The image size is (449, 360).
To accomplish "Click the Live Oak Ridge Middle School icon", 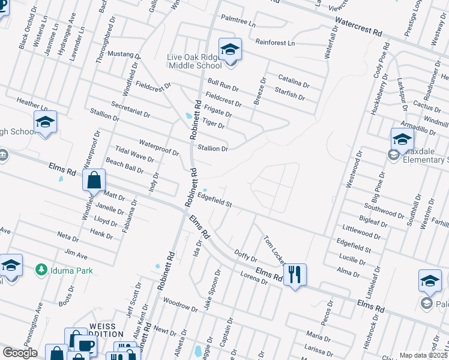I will coord(229,50).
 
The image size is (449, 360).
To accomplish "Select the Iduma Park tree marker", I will coord(41,270).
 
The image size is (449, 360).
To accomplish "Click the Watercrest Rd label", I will coord(358,28).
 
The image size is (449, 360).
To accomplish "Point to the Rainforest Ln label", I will coord(275,43).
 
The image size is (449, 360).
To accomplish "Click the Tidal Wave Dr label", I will coord(134,154).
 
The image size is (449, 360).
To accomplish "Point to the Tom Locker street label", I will coord(274,250).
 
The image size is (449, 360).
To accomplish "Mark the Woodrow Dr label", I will coord(179,304).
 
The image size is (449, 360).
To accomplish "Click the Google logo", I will coord(19,353).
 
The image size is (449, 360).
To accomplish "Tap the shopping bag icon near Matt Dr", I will coord(94,180).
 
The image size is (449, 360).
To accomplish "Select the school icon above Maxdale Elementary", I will coord(402,140).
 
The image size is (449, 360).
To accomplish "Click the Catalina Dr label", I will coord(293,81).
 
